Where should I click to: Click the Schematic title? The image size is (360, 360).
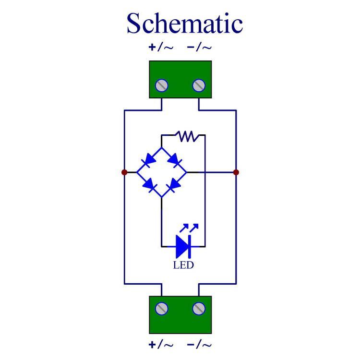pyautogui.click(x=185, y=23)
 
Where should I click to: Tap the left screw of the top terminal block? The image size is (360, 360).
pyautogui.click(x=162, y=85)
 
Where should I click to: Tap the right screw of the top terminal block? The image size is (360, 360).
pyautogui.click(x=199, y=85)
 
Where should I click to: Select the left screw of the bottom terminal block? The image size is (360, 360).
pyautogui.click(x=162, y=309)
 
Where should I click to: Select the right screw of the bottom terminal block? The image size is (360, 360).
pyautogui.click(x=199, y=309)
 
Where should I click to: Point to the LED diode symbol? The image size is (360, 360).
pyautogui.click(x=183, y=246)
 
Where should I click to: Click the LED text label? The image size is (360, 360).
pyautogui.click(x=183, y=265)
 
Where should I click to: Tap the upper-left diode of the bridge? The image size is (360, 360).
pyautogui.click(x=149, y=160)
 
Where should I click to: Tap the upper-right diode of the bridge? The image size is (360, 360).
pyautogui.click(x=175, y=160)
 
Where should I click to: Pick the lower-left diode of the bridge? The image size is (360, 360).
pyautogui.click(x=149, y=185)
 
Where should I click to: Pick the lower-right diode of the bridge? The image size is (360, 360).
pyautogui.click(x=174, y=185)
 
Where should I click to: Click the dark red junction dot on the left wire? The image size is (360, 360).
pyautogui.click(x=124, y=172)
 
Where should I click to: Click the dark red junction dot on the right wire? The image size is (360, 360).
pyautogui.click(x=236, y=172)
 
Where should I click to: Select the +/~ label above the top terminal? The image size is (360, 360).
pyautogui.click(x=161, y=48)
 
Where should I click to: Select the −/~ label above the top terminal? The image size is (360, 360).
pyautogui.click(x=199, y=48)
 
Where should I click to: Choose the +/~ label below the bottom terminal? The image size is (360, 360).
pyautogui.click(x=161, y=345)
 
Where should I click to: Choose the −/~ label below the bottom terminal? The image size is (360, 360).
pyautogui.click(x=199, y=345)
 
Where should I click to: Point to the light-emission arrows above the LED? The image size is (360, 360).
pyautogui.click(x=189, y=228)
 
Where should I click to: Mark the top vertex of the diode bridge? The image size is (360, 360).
pyautogui.click(x=162, y=147)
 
